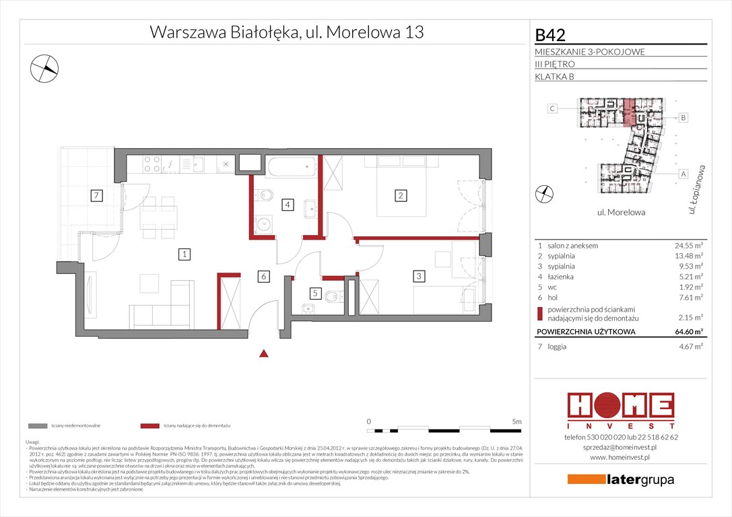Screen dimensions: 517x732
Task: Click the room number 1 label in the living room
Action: coord(183,254)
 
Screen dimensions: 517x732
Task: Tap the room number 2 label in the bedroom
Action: coord(400,196)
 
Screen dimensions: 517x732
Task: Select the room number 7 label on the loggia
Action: coord(97,196)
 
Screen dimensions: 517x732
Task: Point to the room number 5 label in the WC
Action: coord(314,293)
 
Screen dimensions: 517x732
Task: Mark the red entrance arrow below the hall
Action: coord(265,353)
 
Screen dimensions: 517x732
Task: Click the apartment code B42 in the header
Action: coord(550,34)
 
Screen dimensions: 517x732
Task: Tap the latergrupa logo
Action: coord(620,480)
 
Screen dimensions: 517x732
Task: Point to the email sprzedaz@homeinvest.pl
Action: coord(620,448)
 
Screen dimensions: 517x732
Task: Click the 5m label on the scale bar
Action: coord(517,421)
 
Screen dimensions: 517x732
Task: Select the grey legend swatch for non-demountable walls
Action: coord(38,426)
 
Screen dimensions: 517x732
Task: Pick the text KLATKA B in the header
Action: coord(554,76)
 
